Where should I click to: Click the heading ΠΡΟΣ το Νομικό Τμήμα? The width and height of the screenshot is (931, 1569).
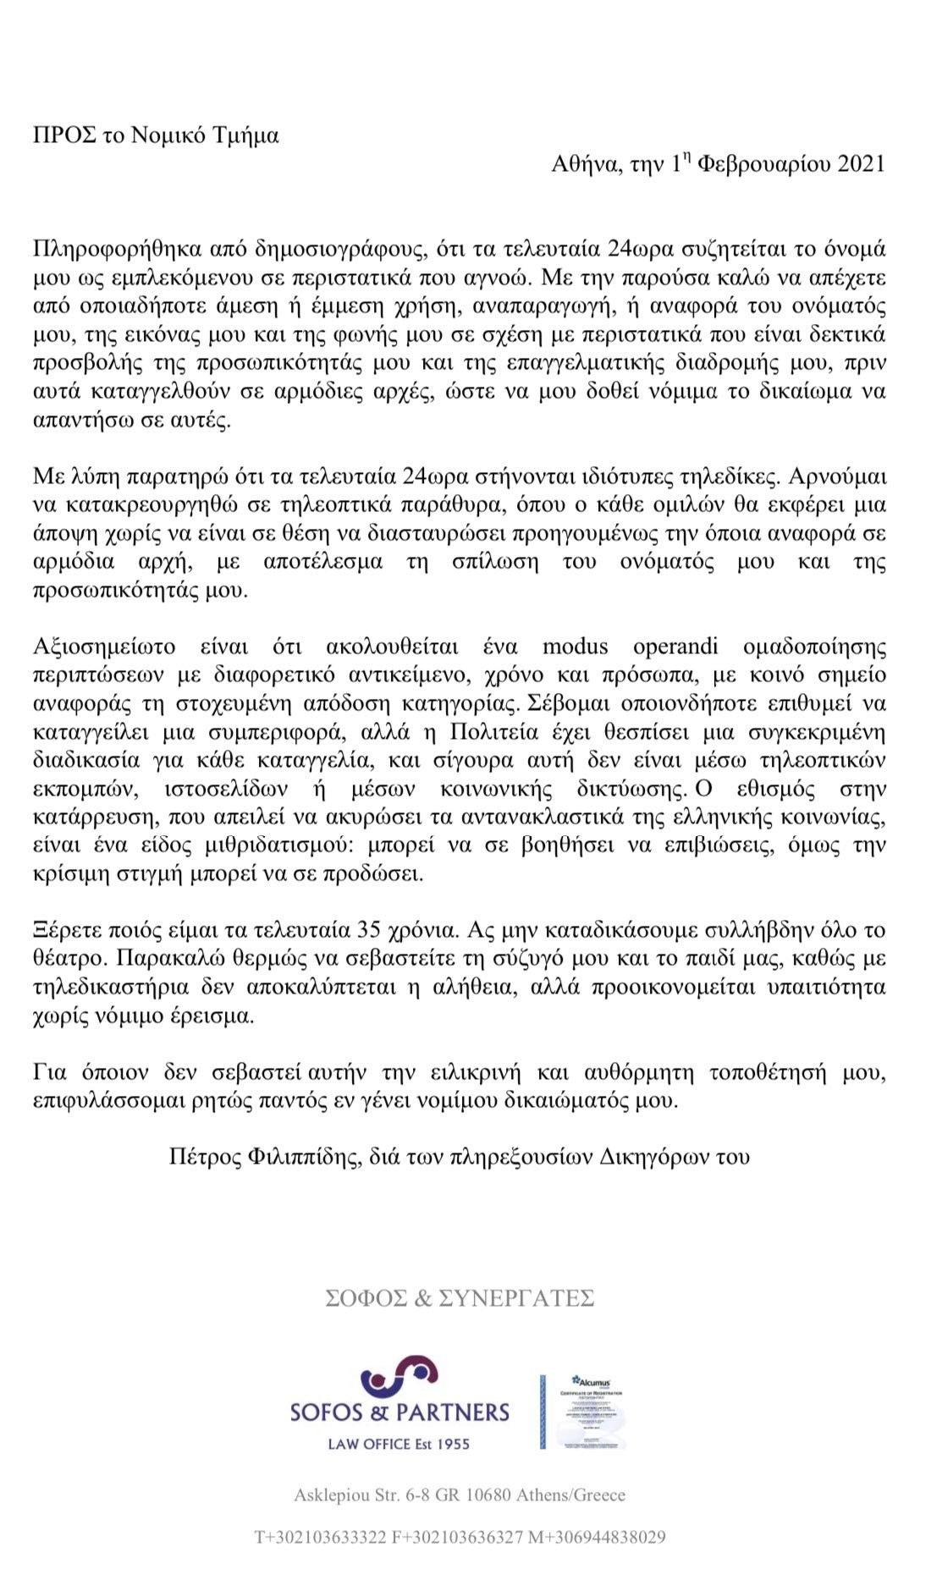[156, 135]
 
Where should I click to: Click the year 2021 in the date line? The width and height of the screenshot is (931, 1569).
[861, 163]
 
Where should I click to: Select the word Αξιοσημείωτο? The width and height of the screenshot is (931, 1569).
[104, 647]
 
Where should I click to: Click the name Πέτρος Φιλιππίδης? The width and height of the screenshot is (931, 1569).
[261, 1156]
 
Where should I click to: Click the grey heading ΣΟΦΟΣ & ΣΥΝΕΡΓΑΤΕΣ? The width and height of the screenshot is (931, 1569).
[460, 1298]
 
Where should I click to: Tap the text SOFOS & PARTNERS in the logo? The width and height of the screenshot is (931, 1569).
[399, 1412]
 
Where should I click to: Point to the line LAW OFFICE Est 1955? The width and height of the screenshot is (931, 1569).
[398, 1444]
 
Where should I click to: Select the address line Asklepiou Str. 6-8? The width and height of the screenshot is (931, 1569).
[460, 1495]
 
